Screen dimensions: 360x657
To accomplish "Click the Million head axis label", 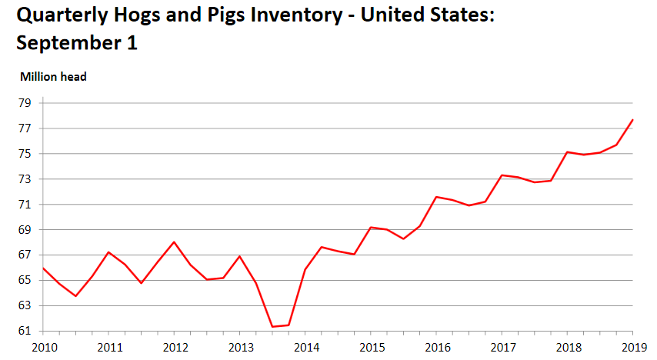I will (x=53, y=76).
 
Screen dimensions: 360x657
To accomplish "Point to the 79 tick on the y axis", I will (x=25, y=103).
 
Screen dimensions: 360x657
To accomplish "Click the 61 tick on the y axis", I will (x=25, y=331).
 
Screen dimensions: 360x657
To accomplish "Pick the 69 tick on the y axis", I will (x=25, y=230).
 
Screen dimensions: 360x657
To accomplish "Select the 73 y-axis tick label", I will (x=25, y=179).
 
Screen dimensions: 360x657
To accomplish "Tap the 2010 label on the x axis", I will (x=42, y=347).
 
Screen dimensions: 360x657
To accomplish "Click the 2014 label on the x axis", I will (x=306, y=347).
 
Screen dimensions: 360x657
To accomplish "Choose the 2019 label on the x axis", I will (x=634, y=347).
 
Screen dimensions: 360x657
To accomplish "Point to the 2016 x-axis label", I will (x=437, y=347).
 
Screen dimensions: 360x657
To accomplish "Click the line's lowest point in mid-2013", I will (x=272, y=327).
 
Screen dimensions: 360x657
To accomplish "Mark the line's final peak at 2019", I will (x=633, y=119).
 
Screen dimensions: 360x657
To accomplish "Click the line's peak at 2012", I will (x=174, y=242).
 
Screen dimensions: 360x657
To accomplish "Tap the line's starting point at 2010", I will (x=42, y=268).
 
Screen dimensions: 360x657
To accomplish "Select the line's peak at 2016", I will (x=436, y=197).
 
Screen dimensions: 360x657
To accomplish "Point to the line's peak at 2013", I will (x=240, y=256).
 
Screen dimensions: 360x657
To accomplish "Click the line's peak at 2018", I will (x=568, y=152).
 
